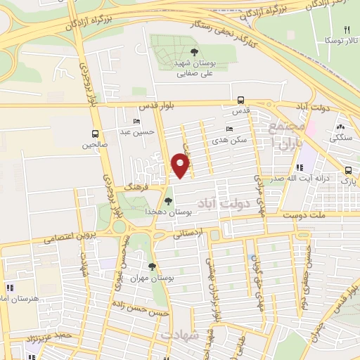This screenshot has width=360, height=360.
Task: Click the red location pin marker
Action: [x=181, y=166]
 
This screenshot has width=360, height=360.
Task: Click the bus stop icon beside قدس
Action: [x=241, y=100]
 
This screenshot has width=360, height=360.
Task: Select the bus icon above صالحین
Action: [x=95, y=134]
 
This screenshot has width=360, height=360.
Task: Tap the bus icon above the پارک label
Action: [x=349, y=169]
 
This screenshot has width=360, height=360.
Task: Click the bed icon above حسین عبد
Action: [x=136, y=121]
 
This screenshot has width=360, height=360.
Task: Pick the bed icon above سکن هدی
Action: [x=230, y=129]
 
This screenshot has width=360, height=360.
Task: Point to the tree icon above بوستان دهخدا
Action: [x=167, y=202]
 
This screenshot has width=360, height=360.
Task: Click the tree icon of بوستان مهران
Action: [x=152, y=266]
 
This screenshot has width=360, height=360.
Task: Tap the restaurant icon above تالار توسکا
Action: [x=346, y=30]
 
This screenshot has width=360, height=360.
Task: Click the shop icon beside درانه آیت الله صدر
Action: [x=301, y=168]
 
